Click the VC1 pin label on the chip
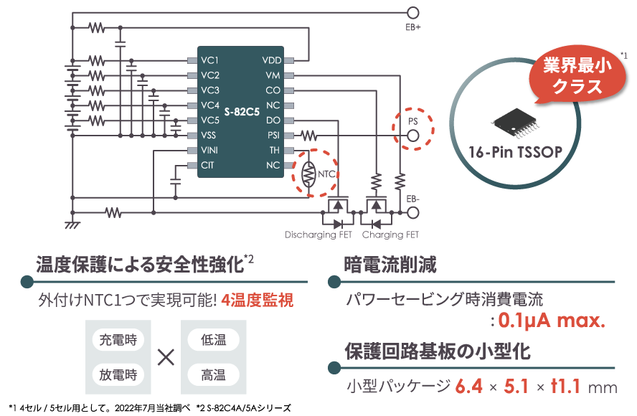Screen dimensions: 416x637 pos(209,60)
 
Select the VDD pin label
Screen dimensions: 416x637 pos(273,60)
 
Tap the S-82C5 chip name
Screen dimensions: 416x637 pos(241,113)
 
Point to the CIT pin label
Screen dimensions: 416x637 pos(207,166)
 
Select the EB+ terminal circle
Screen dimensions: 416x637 pos(412,13)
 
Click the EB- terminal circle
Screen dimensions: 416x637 pos(412,212)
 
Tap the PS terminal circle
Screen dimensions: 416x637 pos(412,135)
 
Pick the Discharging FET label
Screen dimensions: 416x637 pos(319,235)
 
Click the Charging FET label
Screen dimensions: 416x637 pos(390,235)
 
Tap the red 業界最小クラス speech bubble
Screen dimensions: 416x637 pos(574,78)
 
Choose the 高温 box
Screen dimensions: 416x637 pos(214,374)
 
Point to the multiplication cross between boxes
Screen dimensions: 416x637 pos(166,357)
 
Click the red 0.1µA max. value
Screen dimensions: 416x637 pos(551,320)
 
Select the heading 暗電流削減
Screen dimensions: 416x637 pos(391,265)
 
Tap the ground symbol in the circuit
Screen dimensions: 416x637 pos(72,224)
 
